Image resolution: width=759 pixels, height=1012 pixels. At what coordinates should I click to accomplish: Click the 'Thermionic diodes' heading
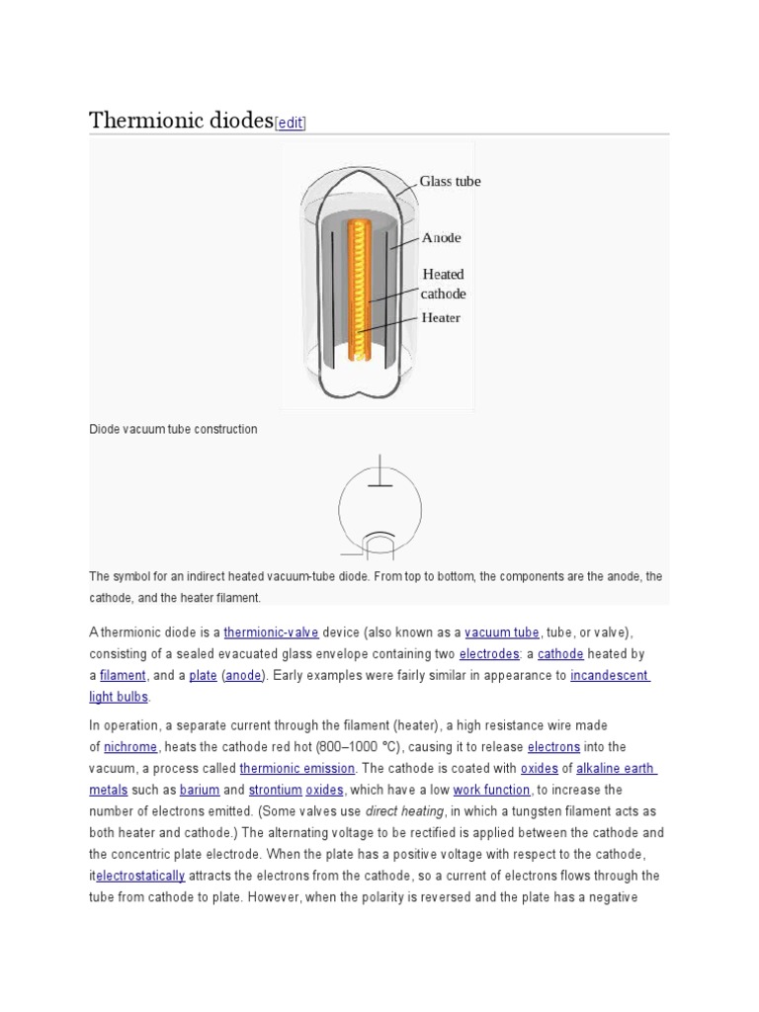click(x=180, y=121)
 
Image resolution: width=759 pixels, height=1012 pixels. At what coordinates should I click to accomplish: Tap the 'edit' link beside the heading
click(x=291, y=123)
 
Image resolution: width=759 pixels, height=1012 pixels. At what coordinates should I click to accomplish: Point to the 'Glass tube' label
click(x=450, y=181)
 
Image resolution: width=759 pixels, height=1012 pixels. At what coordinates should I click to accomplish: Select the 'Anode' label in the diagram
click(x=441, y=238)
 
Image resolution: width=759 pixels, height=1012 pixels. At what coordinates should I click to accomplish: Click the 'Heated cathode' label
click(x=443, y=284)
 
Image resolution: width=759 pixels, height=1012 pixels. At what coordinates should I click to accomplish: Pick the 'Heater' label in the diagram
click(x=441, y=318)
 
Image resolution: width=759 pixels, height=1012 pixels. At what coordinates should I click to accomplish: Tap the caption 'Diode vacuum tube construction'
click(x=173, y=430)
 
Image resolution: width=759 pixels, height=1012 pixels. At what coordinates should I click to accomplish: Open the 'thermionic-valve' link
click(x=271, y=632)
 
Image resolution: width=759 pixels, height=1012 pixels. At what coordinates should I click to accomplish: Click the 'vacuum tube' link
click(x=502, y=632)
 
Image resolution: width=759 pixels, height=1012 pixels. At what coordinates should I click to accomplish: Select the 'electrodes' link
click(x=489, y=654)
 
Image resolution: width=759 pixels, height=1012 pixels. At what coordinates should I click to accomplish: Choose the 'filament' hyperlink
click(x=123, y=676)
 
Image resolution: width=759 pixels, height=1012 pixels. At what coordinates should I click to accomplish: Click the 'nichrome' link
click(x=130, y=747)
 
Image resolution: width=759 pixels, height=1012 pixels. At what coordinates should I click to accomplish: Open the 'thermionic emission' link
click(x=296, y=769)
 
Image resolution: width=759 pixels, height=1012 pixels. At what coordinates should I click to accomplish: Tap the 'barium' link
click(x=198, y=791)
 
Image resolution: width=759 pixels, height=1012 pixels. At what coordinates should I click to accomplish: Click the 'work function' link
click(x=492, y=791)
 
